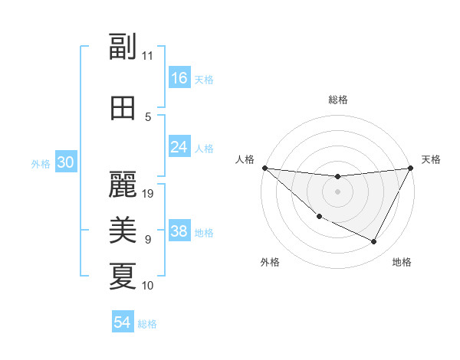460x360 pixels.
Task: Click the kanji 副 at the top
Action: coord(123,47)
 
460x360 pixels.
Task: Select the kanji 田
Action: coord(123,107)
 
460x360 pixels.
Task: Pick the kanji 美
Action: coord(123,229)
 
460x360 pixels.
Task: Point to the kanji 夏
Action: coord(123,276)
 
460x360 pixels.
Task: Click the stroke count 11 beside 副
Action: coord(148,56)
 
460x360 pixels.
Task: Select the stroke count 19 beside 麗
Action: coord(149,193)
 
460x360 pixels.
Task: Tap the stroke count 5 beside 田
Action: coord(148,117)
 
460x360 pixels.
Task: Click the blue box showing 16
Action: coord(179,78)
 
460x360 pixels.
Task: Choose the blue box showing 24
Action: coord(179,147)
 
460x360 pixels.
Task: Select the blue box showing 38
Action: coord(179,232)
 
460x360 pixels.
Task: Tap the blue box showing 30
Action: coord(65,162)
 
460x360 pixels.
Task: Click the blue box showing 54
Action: coord(123,322)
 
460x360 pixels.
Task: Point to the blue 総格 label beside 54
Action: coord(147,324)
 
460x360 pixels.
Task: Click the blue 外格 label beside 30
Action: coord(41,163)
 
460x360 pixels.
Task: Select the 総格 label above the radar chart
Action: coord(337,100)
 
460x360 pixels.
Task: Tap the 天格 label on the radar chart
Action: coord(431,159)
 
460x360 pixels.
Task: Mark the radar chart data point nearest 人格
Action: coord(264,168)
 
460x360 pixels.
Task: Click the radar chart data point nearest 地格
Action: coord(374,242)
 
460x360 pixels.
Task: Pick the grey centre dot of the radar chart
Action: coord(337,191)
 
